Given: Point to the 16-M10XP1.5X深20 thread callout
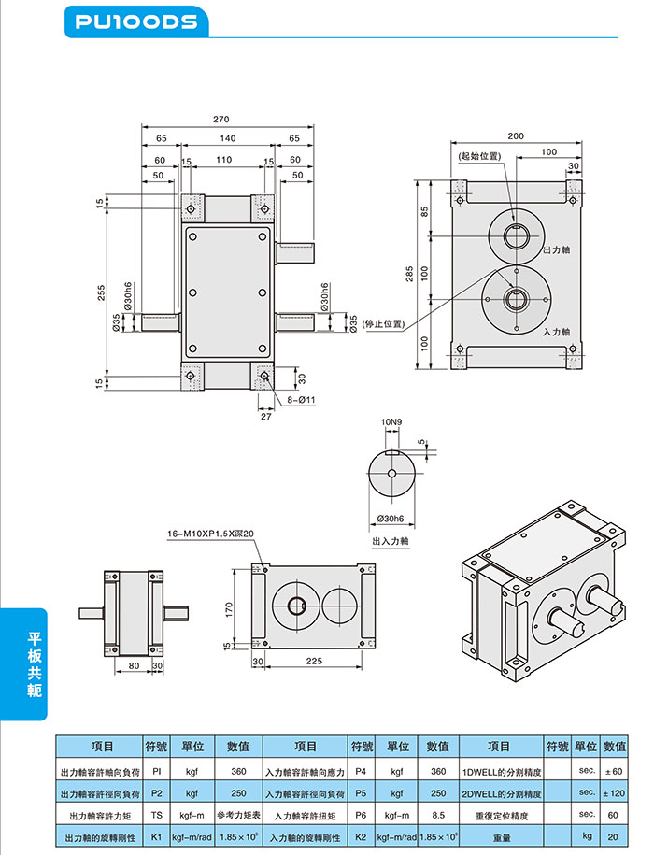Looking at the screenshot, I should pyautogui.click(x=211, y=534).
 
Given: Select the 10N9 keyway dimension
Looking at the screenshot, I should pyautogui.click(x=391, y=422).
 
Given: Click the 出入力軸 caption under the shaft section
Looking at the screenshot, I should pyautogui.click(x=391, y=540).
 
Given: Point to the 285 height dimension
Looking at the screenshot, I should pyautogui.click(x=409, y=273).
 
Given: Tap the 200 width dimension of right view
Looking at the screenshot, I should pyautogui.click(x=516, y=135).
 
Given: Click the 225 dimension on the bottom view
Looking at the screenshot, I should pyautogui.click(x=314, y=661).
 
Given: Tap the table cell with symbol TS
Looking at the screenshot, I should pyautogui.click(x=157, y=815).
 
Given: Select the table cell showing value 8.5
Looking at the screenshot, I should pyautogui.click(x=437, y=815).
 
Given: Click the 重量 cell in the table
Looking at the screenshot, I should pyautogui.click(x=502, y=837).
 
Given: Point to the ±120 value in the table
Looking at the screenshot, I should pyautogui.click(x=615, y=793).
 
